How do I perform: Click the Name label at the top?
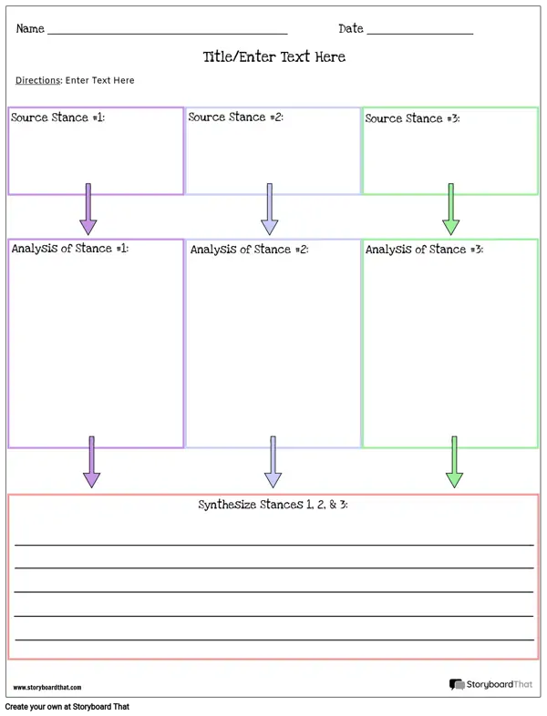(x=30, y=28)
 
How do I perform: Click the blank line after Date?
(x=420, y=34)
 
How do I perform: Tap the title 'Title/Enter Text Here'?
(x=274, y=56)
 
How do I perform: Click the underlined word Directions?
(x=38, y=80)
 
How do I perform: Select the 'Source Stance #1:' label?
(x=57, y=118)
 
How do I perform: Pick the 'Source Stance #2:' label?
(x=235, y=117)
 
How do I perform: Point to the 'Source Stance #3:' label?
(x=412, y=118)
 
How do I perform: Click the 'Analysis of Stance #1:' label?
(x=70, y=249)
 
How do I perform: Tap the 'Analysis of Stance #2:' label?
(x=249, y=250)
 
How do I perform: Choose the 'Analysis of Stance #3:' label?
(x=424, y=250)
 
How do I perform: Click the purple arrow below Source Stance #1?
(x=88, y=210)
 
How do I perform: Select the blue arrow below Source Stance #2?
(x=270, y=210)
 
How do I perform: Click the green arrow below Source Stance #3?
(x=451, y=210)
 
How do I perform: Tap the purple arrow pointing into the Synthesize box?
(x=91, y=462)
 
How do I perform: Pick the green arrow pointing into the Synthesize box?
(x=454, y=462)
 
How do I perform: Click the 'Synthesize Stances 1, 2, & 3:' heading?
(x=273, y=505)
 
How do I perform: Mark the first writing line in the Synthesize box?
(x=274, y=545)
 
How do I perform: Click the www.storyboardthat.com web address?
(x=47, y=687)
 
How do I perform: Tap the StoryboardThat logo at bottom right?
(x=490, y=684)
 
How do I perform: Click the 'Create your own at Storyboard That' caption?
(x=67, y=706)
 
